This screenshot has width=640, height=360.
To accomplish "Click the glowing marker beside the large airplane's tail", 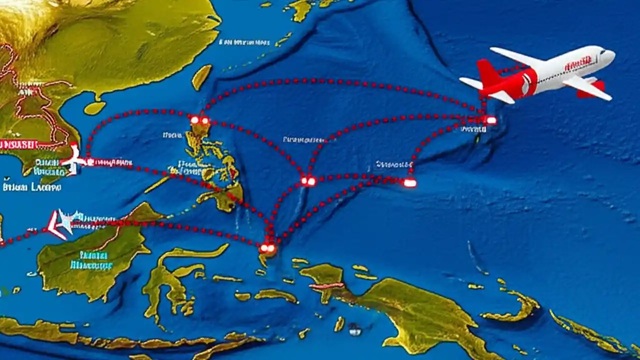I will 490,120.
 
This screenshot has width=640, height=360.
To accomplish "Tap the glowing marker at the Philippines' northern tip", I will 199,120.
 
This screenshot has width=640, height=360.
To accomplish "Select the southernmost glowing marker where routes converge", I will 267,247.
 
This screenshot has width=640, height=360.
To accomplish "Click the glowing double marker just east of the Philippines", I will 308,181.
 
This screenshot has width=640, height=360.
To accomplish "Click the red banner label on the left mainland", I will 19,144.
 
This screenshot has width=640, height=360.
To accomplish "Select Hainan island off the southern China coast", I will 94,108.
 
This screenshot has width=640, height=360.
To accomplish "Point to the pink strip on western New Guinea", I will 326,286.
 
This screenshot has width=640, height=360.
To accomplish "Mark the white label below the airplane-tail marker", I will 473,129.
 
